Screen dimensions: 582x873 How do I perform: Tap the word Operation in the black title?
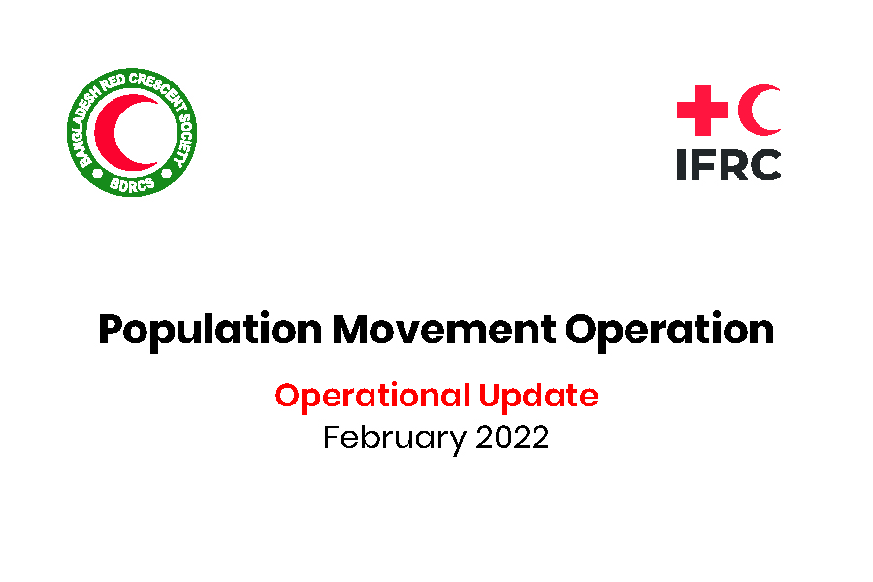click(x=670, y=332)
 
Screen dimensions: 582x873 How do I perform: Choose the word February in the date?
click(x=394, y=438)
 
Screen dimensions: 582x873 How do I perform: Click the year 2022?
click(x=512, y=437)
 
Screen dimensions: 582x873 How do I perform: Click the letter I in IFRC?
click(x=681, y=164)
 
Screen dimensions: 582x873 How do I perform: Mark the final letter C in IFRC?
click(x=764, y=164)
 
